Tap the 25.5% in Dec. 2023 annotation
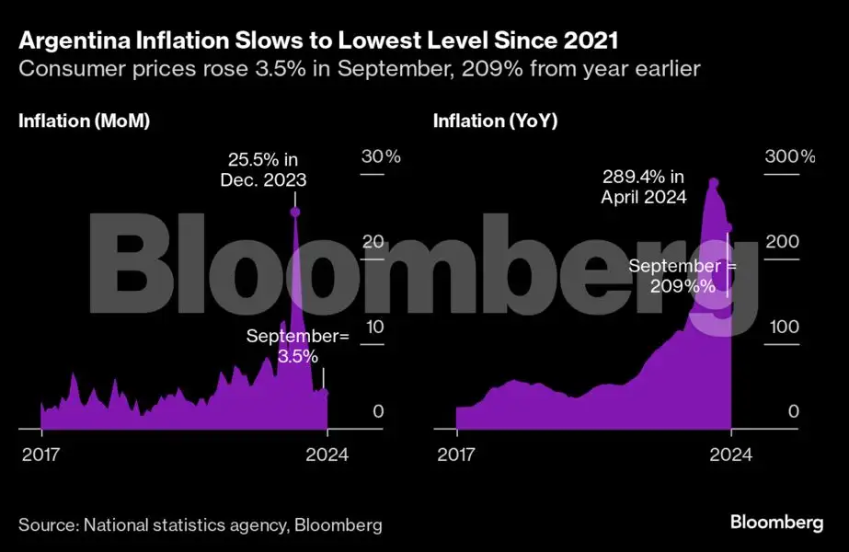point(263,170)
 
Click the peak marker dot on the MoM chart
point(294,213)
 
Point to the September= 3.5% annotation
point(298,346)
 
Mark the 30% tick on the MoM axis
point(380,156)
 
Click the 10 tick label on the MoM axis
point(372,328)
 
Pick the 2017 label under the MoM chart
point(40,454)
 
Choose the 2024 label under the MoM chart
point(327,454)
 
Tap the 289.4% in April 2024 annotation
point(644,186)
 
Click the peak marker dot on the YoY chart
point(714,183)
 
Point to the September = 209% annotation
point(683,276)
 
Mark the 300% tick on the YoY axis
point(790,156)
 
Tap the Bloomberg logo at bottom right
point(776,523)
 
